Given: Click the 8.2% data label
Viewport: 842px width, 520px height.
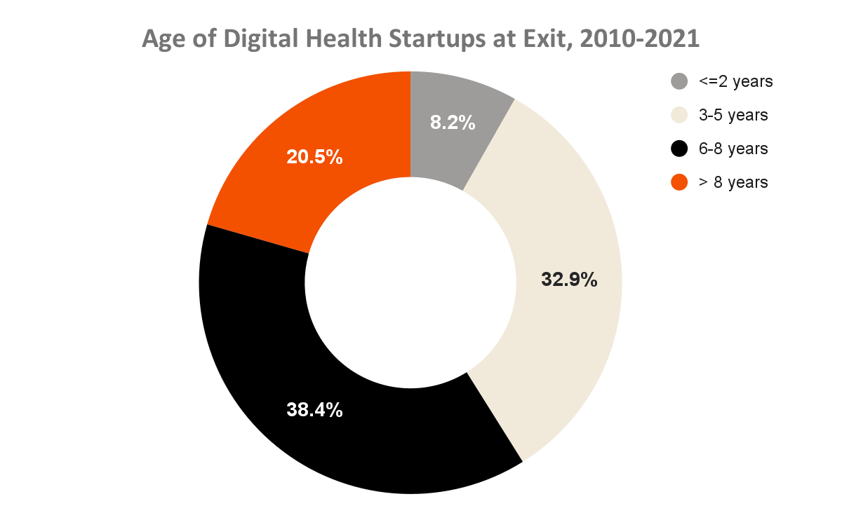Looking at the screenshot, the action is [x=453, y=123].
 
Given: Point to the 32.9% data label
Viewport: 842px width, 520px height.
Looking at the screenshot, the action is [x=569, y=280].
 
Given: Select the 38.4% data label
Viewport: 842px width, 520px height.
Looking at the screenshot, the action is [x=314, y=409].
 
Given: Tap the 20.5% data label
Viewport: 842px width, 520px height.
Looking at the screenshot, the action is [x=314, y=156].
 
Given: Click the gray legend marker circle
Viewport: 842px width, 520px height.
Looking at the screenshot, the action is [x=679, y=81].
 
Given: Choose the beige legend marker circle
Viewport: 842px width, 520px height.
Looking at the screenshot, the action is [x=679, y=115].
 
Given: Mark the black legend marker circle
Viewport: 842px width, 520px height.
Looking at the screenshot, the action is [x=679, y=149].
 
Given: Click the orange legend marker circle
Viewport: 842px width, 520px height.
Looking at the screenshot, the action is [x=679, y=182].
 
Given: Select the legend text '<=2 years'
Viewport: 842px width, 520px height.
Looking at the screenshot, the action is [x=735, y=81].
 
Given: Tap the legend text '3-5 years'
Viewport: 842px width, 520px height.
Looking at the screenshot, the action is [x=733, y=115].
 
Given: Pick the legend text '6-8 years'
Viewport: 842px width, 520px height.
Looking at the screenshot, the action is [x=733, y=149].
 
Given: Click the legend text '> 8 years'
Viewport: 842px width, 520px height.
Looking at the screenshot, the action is [x=733, y=182].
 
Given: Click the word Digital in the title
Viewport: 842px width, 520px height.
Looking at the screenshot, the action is [x=261, y=39].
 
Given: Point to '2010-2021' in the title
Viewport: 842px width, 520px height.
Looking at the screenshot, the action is [x=639, y=39].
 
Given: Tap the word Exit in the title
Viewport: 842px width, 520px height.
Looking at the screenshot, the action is [x=550, y=39].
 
